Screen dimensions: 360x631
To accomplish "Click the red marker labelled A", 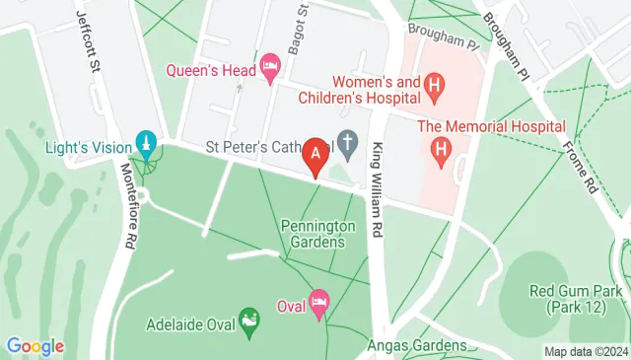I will (315, 155).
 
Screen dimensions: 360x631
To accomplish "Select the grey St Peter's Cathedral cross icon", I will (347, 145).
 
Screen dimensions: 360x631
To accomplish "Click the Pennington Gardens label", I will (317, 234).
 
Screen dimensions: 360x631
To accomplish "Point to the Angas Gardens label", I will (416, 345).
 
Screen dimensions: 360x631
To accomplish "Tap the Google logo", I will (35, 346).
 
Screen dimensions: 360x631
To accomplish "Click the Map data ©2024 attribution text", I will (586, 351).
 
